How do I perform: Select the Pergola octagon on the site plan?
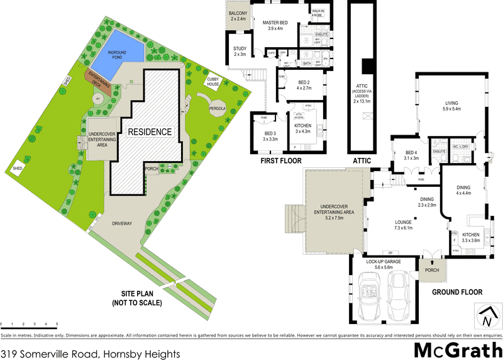click(218, 108)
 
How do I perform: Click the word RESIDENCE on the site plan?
click(150, 132)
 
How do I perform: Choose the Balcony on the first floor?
click(240, 16)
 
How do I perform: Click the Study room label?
click(240, 52)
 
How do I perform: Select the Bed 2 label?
click(304, 86)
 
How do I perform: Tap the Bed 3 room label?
click(270, 137)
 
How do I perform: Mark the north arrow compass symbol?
click(486, 315)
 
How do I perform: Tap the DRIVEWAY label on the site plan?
click(123, 223)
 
